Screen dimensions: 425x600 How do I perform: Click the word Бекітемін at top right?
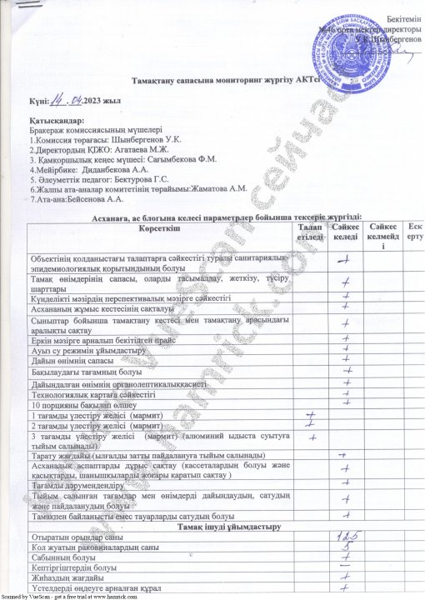click(402, 17)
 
